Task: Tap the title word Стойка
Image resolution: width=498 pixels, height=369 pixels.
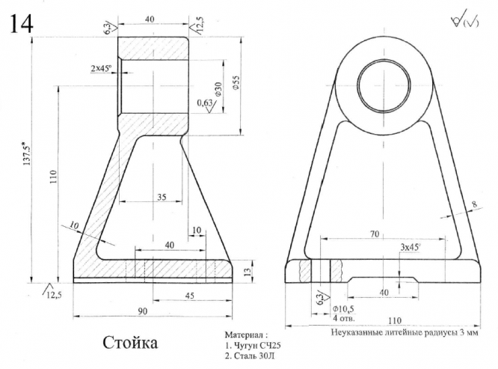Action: click(130, 343)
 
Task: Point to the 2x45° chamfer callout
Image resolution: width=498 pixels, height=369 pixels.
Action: click(102, 68)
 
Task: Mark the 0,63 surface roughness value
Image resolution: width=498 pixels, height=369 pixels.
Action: click(203, 102)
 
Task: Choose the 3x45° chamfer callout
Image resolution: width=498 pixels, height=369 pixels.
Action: click(409, 247)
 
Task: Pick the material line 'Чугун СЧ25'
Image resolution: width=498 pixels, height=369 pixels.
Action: click(255, 345)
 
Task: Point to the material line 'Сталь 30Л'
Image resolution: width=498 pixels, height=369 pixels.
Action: click(252, 356)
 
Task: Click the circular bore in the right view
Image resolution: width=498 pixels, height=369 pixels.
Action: click(382, 85)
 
